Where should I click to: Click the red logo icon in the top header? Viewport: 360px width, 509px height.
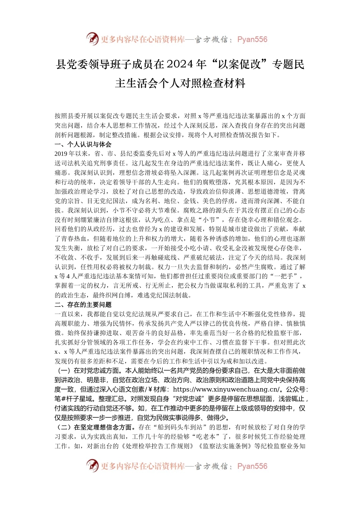[92, 39]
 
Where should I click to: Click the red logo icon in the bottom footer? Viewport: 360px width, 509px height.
[92, 465]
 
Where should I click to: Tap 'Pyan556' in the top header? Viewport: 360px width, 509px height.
[252, 39]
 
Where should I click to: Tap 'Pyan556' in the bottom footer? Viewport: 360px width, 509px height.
[252, 466]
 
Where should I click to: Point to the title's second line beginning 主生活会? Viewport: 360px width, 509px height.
[180, 83]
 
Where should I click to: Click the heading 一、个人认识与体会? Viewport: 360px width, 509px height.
[83, 144]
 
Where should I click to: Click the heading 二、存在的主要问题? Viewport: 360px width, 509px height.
[83, 304]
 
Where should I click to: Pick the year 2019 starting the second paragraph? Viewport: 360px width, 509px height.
[61, 154]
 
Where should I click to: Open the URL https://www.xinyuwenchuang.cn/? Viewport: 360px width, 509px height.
[227, 389]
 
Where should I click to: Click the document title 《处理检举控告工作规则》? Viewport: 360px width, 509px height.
[156, 446]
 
